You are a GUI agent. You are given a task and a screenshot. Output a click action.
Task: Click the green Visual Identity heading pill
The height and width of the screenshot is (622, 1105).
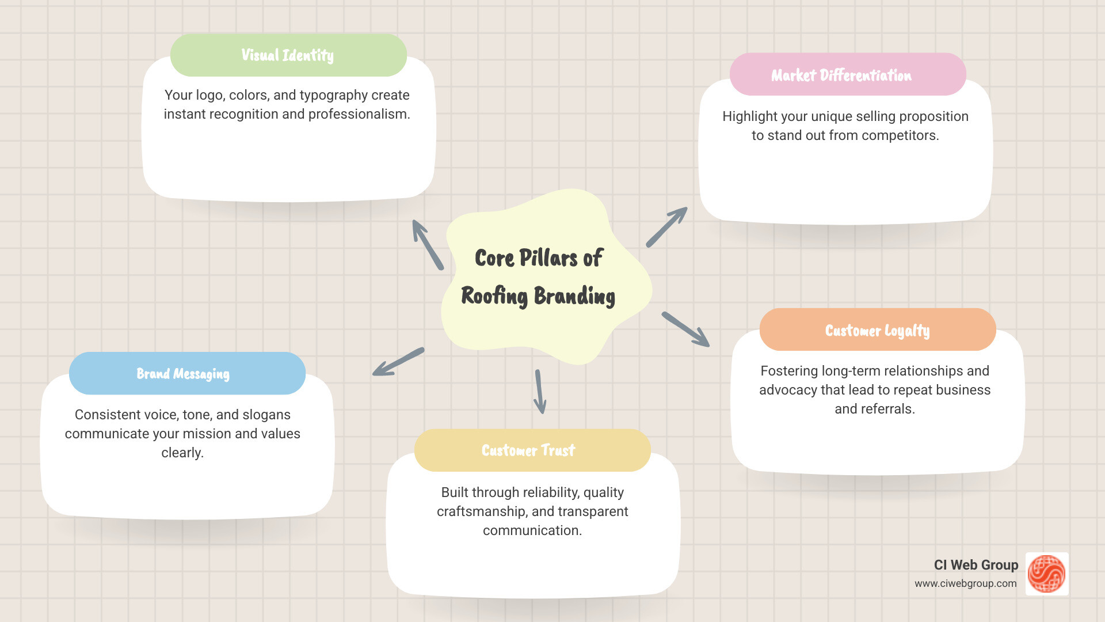point(288,55)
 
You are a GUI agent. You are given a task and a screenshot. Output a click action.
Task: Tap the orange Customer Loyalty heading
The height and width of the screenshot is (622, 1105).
point(877,330)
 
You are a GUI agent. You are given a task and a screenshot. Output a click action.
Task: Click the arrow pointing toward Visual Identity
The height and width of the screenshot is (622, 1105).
point(427,244)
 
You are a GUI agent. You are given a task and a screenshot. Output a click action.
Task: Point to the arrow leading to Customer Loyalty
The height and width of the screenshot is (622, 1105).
point(685,329)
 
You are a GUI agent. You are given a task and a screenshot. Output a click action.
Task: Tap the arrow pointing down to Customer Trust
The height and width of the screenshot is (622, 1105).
point(540,392)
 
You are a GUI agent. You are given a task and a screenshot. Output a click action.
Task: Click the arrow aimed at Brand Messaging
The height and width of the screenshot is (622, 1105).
point(398,362)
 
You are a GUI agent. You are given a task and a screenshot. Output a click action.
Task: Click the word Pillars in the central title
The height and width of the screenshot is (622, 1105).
point(548,258)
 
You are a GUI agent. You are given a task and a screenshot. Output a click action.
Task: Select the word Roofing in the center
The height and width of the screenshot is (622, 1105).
point(494,296)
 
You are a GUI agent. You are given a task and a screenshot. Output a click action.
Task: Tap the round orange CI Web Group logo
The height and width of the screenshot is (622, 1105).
point(1046,574)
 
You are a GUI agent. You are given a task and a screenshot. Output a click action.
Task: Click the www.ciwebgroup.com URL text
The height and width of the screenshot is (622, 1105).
point(965,583)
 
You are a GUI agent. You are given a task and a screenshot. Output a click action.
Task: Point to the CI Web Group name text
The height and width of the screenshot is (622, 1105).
point(976,565)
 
